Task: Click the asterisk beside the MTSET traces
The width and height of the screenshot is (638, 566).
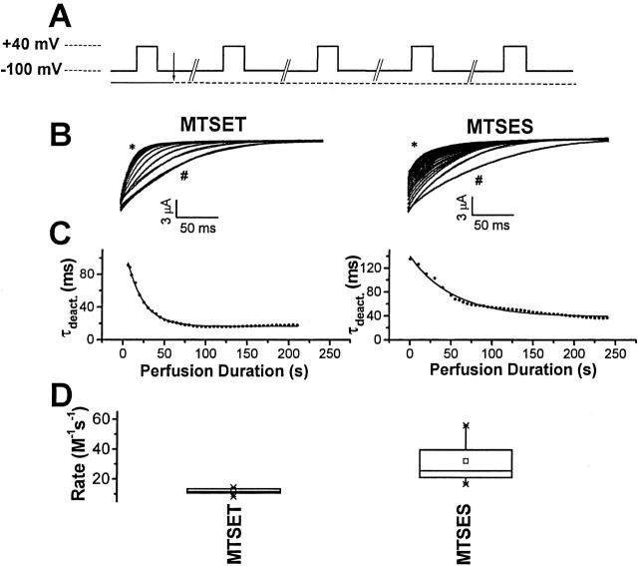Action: pos(132,148)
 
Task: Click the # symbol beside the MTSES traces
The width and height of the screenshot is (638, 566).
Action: pos(479,181)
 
